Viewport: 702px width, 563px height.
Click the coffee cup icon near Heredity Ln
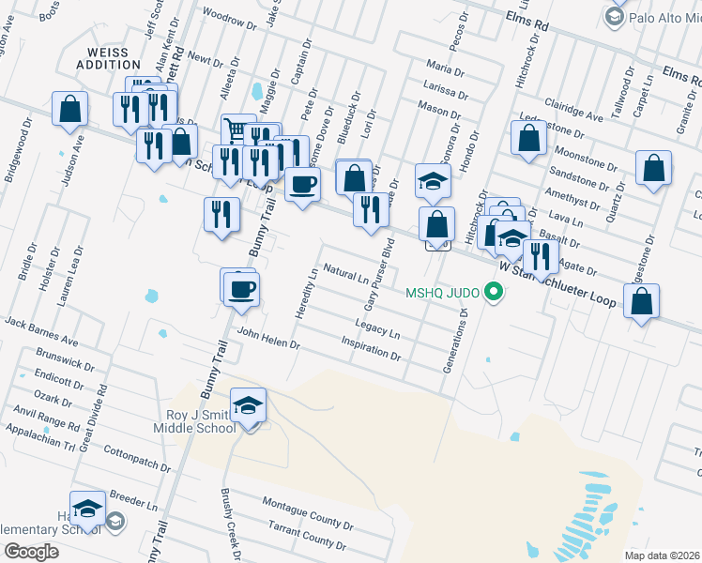pyautogui.click(x=241, y=289)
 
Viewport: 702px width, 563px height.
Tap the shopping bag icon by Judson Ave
pyautogui.click(x=70, y=110)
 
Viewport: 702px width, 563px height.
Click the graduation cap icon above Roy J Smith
pyautogui.click(x=249, y=405)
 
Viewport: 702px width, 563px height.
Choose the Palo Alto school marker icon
pyautogui.click(x=615, y=16)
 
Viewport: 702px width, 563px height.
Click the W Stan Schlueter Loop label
pyautogui.click(x=557, y=278)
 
